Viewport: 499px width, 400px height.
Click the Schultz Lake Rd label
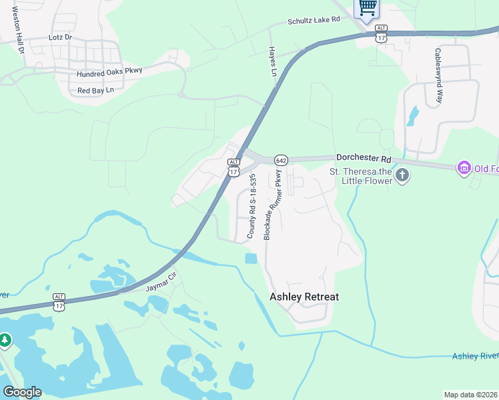[x=314, y=21]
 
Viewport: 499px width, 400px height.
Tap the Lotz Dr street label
[x=59, y=38]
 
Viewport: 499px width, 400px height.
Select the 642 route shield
[x=280, y=161]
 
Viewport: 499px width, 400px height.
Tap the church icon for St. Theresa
[x=402, y=175]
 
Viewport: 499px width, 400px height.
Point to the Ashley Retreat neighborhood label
[x=304, y=297]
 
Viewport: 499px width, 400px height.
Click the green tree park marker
[x=5, y=340]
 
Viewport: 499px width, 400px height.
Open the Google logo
[x=22, y=392]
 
